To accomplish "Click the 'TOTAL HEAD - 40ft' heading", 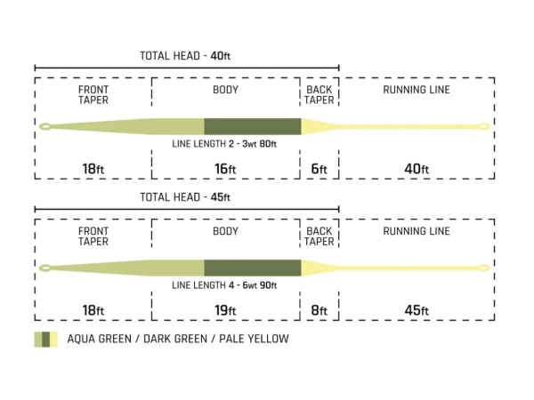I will pos(186,55).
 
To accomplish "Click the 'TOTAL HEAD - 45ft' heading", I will pos(186,197).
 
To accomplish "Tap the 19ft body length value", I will pos(225,310).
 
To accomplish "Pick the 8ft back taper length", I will pos(319,310).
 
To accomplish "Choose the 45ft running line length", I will pos(416,310).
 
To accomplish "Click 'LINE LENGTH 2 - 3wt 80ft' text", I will pos(225,143).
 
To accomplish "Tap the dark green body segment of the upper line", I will pos(253,126).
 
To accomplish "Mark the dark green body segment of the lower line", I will pos(253,268).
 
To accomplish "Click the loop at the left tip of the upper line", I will pos(44,126).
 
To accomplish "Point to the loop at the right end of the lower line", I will pos(485,267).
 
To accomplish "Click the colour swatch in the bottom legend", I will pos(46,339).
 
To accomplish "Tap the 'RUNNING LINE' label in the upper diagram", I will pos(416,90).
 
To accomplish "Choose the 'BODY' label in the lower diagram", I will pos(225,231).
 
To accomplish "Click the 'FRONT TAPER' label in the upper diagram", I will pos(93,95).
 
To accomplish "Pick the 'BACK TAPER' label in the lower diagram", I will pos(319,236).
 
